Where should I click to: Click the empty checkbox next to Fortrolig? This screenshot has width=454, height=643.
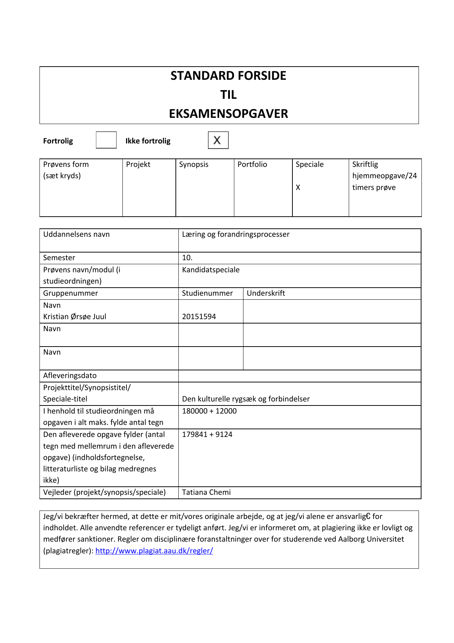[106, 140]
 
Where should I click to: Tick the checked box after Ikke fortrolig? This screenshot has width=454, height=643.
[218, 140]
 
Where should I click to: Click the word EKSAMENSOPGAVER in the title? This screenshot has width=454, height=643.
[228, 114]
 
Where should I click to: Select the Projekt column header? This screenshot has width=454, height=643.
[138, 164]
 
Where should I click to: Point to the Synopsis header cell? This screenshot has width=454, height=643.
[194, 164]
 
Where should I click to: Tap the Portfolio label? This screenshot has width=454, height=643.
[252, 164]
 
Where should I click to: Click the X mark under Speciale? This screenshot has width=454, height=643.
[298, 187]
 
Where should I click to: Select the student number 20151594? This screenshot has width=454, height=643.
[199, 317]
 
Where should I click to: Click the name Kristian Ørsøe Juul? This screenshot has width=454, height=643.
[75, 317]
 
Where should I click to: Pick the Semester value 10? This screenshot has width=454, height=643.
[187, 258]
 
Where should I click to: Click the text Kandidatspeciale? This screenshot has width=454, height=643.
[211, 270]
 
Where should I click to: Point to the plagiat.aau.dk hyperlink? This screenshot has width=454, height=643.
[154, 551]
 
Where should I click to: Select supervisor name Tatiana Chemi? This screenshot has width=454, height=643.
[206, 492]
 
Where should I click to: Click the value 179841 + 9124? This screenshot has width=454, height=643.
[207, 434]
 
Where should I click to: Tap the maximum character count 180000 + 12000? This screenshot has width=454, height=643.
[209, 411]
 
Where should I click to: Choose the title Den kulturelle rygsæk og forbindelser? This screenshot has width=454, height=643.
[246, 399]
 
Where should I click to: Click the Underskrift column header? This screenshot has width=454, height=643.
[266, 293]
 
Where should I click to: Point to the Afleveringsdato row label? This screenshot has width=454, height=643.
[70, 375]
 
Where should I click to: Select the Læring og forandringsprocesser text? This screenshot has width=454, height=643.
[236, 234]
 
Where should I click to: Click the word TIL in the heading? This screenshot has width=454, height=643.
[228, 95]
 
